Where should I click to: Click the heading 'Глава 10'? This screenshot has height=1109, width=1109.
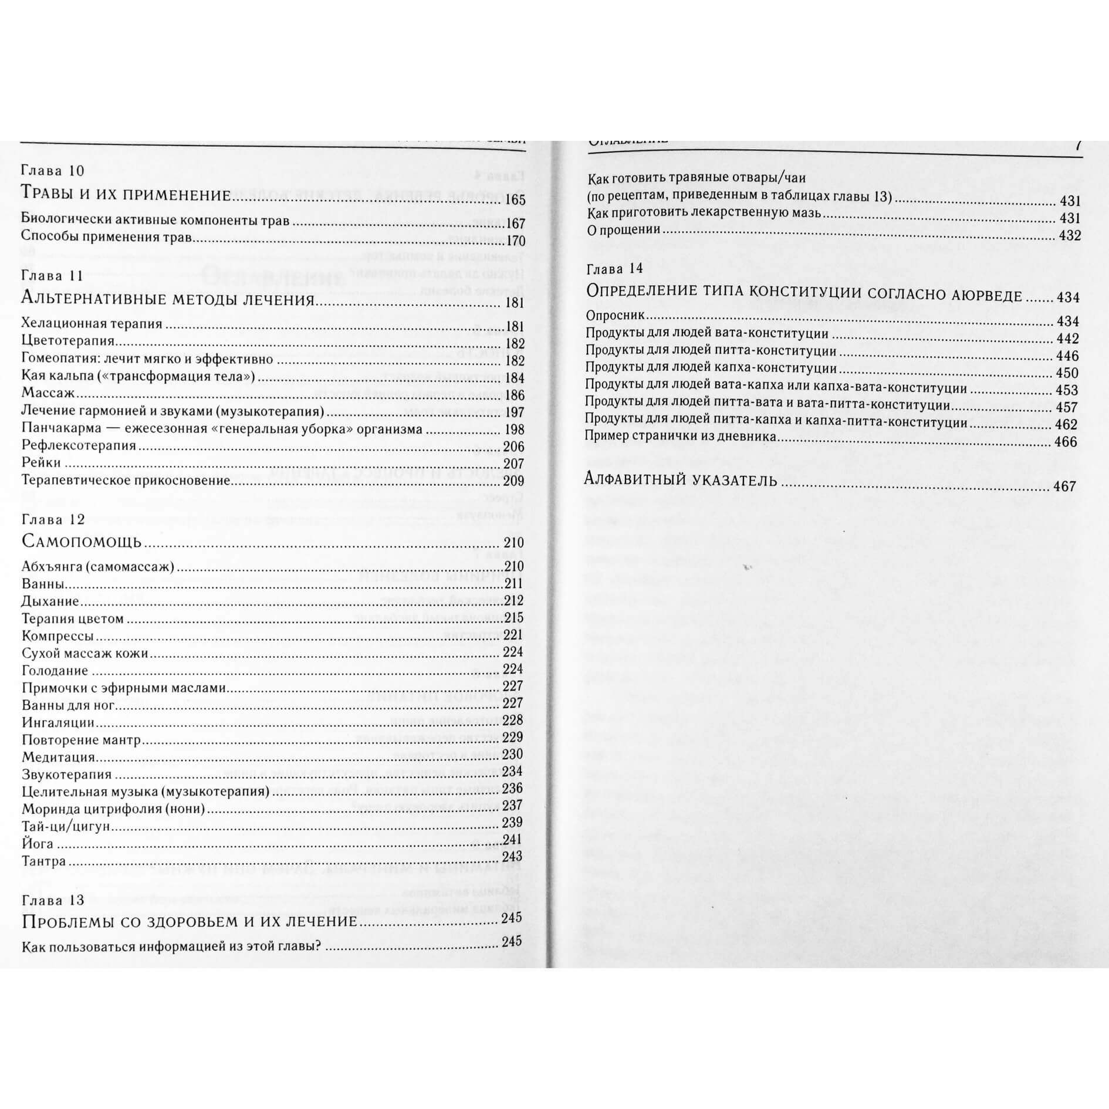coord(53,171)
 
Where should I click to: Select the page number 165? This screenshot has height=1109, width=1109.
coord(515,201)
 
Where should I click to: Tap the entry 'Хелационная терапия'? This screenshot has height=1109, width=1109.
coord(92,324)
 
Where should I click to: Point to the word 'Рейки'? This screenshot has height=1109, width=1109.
coord(41,463)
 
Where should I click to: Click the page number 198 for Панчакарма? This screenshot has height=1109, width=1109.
coord(514,430)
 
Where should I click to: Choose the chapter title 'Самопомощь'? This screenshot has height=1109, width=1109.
coord(82,541)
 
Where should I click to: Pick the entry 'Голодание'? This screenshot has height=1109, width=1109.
coord(55,671)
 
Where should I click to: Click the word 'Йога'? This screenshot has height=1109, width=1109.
coord(38,844)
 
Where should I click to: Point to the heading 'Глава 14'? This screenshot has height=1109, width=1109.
coord(615,269)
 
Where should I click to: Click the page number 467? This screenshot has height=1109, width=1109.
coord(1065,486)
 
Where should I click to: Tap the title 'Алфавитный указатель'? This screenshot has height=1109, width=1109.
coord(681,481)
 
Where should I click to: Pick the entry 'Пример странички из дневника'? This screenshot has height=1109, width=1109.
coord(681,437)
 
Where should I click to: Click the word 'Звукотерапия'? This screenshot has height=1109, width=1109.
coord(67,775)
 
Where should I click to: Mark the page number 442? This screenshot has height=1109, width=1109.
coord(1067,339)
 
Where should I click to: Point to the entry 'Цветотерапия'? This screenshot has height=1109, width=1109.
coord(68,341)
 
